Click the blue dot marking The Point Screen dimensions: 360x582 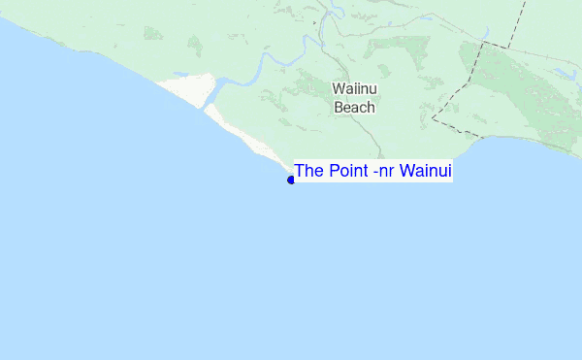tap(291, 180)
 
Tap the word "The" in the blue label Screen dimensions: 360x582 tap(308, 172)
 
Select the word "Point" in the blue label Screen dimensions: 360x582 tap(345, 172)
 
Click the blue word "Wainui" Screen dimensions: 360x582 tap(426, 172)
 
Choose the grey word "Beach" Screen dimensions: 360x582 tap(354, 108)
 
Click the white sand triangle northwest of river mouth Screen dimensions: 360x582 tap(184, 87)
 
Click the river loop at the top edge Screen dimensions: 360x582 tap(336, 10)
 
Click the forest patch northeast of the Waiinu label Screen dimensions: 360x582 tap(412, 49)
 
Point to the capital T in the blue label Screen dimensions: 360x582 tap(300, 172)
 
